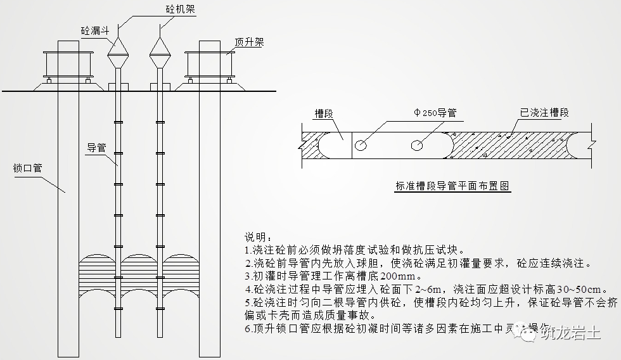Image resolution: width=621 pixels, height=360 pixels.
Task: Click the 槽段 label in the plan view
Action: point(324,113)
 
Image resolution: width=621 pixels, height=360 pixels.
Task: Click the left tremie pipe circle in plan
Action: point(361,145)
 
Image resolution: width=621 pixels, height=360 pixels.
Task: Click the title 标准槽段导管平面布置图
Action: point(452,186)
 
